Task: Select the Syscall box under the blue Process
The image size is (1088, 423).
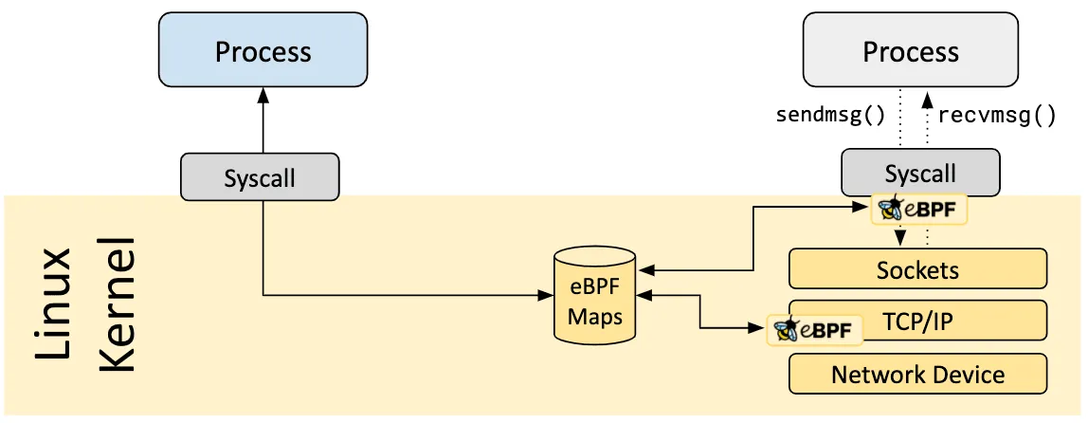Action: (259, 177)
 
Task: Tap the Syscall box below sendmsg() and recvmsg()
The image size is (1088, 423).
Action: (919, 174)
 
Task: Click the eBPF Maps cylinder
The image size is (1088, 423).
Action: (594, 295)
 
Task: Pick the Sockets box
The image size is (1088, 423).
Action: (917, 269)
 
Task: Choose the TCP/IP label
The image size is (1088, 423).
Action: (917, 322)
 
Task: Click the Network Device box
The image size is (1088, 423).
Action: (917, 374)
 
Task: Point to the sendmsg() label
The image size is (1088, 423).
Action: (830, 117)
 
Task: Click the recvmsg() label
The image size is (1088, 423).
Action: (996, 117)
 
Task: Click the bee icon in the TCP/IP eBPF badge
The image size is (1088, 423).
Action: (787, 330)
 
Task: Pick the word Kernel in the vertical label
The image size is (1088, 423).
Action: (118, 303)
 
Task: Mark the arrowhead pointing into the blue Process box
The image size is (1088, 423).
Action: (263, 97)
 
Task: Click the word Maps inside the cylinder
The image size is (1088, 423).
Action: (594, 316)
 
